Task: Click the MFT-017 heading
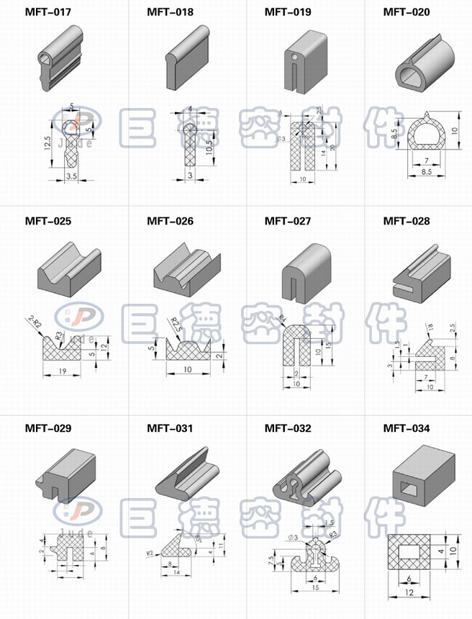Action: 47,12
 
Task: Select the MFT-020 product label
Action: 406,12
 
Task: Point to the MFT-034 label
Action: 406,429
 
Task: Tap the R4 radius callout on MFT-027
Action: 282,319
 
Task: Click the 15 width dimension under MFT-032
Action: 314,588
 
